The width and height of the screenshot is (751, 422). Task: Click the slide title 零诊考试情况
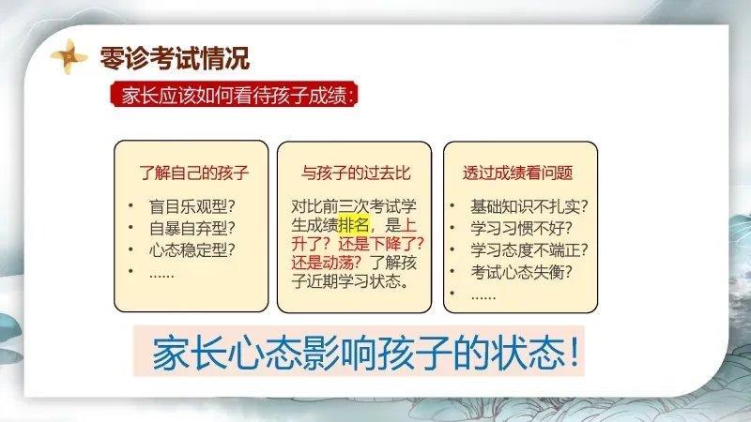[x=175, y=58]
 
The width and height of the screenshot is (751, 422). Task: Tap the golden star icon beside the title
[x=69, y=56]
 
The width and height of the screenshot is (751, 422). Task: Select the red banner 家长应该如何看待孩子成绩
[x=234, y=95]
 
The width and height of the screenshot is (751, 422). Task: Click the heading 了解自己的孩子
[x=194, y=173]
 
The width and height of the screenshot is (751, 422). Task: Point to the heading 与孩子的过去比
[x=356, y=173]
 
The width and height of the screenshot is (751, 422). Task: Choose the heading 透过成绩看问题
[x=518, y=173]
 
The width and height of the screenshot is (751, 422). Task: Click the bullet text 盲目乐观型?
[x=192, y=206]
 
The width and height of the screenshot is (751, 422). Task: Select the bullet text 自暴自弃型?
[x=192, y=228]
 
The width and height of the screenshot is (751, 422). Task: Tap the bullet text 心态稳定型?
[x=192, y=249]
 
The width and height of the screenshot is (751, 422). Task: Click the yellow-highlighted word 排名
[x=354, y=225]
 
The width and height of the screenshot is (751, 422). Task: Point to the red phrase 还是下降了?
[x=381, y=244]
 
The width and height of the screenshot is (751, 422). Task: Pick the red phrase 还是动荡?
[x=327, y=263]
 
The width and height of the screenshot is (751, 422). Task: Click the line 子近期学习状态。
[x=351, y=280]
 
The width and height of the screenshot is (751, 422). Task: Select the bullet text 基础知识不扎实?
[x=529, y=206]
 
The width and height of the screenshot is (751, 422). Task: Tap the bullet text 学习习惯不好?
[x=521, y=228]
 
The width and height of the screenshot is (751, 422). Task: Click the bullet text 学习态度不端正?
[x=529, y=249]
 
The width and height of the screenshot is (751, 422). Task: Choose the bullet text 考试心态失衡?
[x=521, y=272]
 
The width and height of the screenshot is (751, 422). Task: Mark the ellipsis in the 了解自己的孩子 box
[x=161, y=276]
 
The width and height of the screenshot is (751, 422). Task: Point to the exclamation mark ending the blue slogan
[x=575, y=353]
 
